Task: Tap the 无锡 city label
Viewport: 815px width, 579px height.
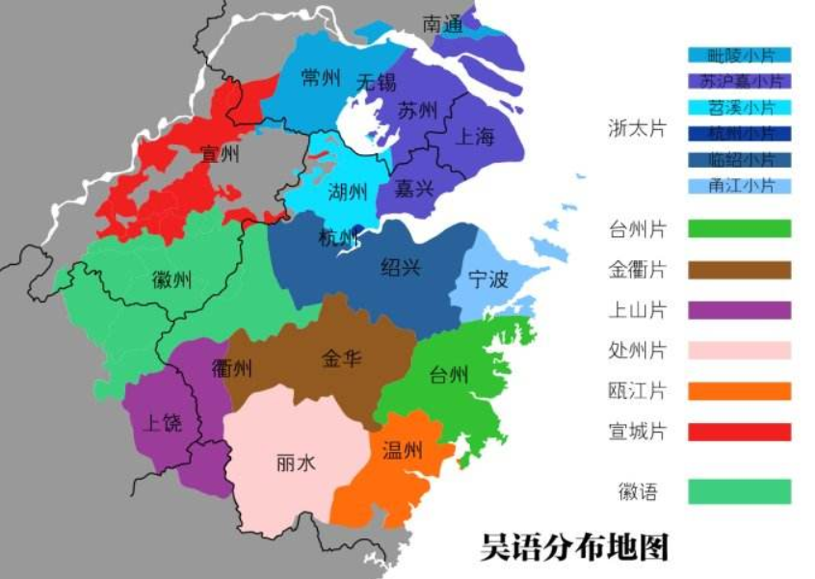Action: [376, 83]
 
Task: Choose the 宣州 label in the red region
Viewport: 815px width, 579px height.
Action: [220, 154]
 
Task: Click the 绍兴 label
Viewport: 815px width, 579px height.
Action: [401, 267]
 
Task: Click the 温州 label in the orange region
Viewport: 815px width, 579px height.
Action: [402, 450]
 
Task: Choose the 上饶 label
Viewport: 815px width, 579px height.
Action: [162, 422]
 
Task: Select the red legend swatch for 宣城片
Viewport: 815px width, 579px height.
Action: [739, 432]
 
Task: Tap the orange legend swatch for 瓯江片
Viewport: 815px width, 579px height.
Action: [739, 391]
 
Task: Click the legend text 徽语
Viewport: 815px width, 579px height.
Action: [638, 492]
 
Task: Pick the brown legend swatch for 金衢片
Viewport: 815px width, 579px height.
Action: [739, 270]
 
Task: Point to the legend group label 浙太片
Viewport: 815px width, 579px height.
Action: [637, 128]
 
